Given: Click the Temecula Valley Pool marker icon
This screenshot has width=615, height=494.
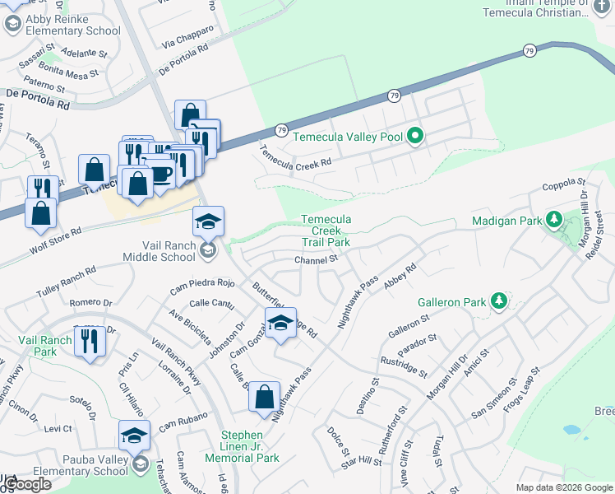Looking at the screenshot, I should click(416, 136).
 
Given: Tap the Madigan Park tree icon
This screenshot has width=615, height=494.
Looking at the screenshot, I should click(554, 220).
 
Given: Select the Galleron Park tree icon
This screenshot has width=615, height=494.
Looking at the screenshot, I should click(497, 301).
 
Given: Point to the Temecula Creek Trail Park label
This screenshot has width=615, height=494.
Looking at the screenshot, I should click(326, 231).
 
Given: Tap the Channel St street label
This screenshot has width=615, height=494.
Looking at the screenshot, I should click(317, 259).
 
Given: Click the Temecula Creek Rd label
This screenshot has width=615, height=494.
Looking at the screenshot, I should click(295, 157).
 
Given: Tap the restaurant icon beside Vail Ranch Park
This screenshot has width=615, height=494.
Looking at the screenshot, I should click(90, 340).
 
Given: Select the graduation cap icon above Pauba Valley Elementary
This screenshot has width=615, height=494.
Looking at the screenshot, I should click(134, 434).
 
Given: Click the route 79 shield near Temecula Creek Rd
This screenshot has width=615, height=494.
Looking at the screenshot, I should click(281, 131).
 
